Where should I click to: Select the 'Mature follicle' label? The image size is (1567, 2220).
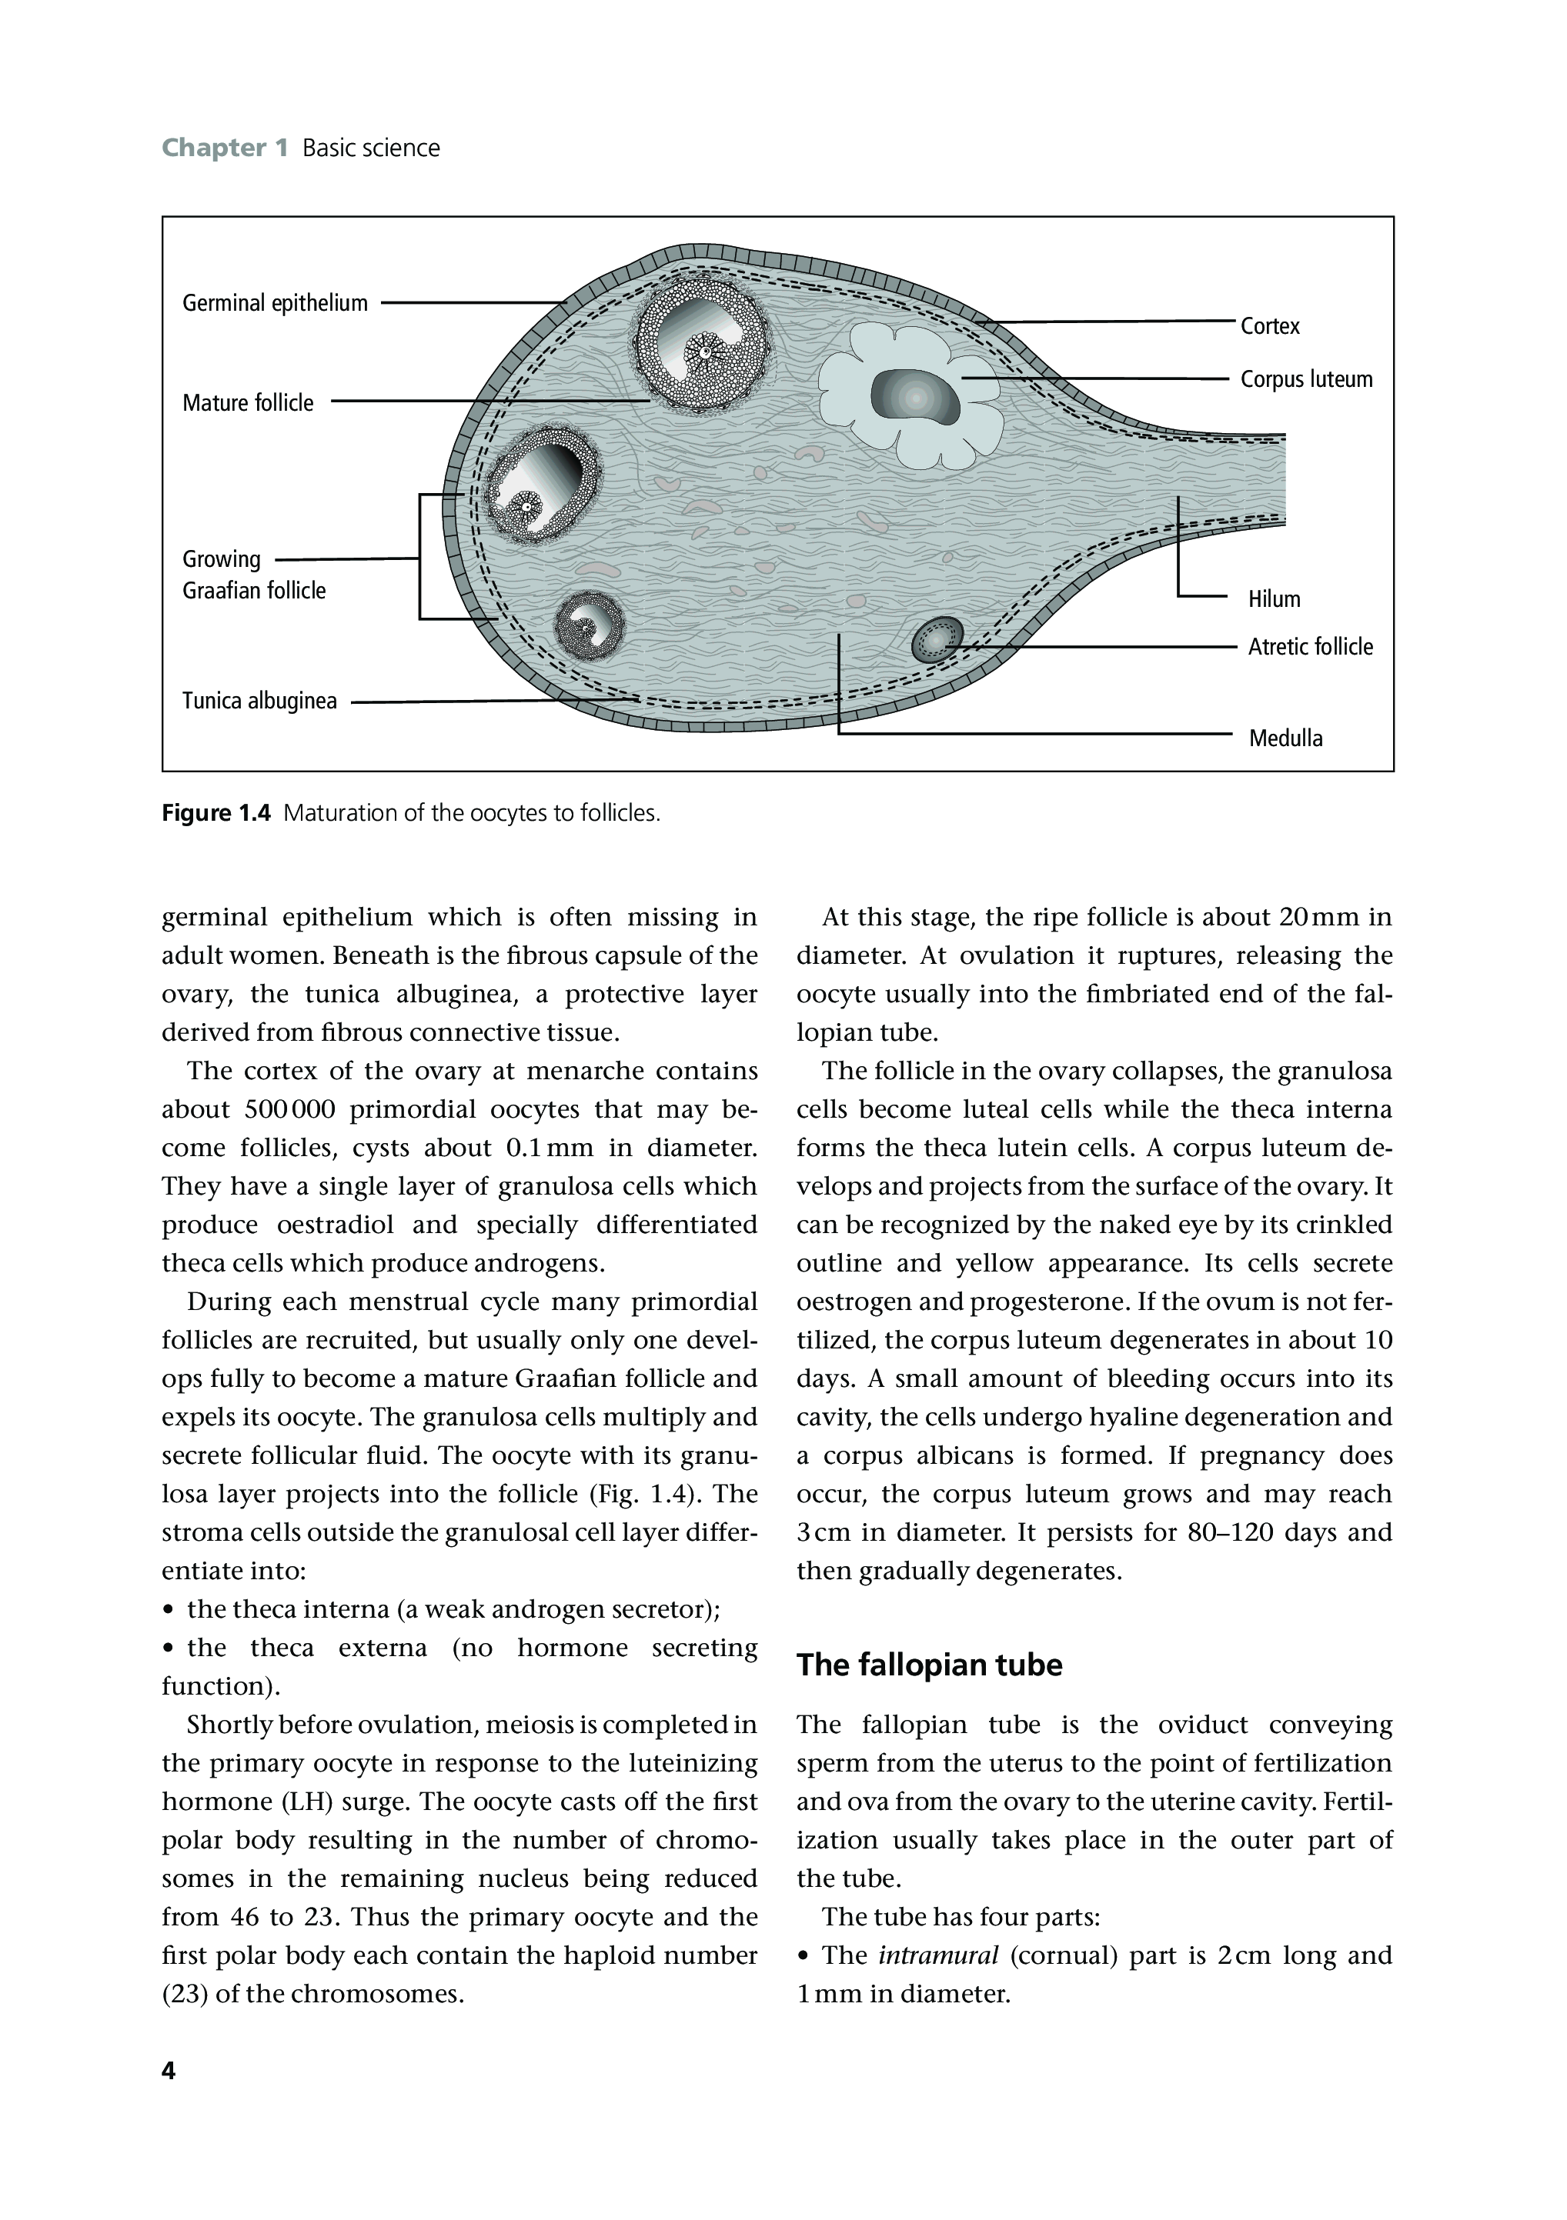point(248,403)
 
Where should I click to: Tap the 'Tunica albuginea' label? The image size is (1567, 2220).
point(259,701)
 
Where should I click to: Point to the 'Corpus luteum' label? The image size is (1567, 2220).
point(1306,379)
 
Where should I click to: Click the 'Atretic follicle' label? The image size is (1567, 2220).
point(1310,647)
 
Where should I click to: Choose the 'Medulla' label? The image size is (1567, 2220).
point(1285,738)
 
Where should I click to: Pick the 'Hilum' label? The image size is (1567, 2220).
point(1274,599)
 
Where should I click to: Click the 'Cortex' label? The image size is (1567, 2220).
point(1270,327)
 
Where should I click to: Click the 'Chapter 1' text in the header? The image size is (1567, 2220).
point(225,148)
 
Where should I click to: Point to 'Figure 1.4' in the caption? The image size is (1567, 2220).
point(218,813)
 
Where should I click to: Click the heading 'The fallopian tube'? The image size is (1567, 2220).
point(929,1665)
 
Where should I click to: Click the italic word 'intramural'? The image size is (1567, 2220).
point(937,1955)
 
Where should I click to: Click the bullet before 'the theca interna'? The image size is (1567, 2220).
point(169,1610)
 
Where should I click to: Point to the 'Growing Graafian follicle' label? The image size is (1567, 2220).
point(253,575)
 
